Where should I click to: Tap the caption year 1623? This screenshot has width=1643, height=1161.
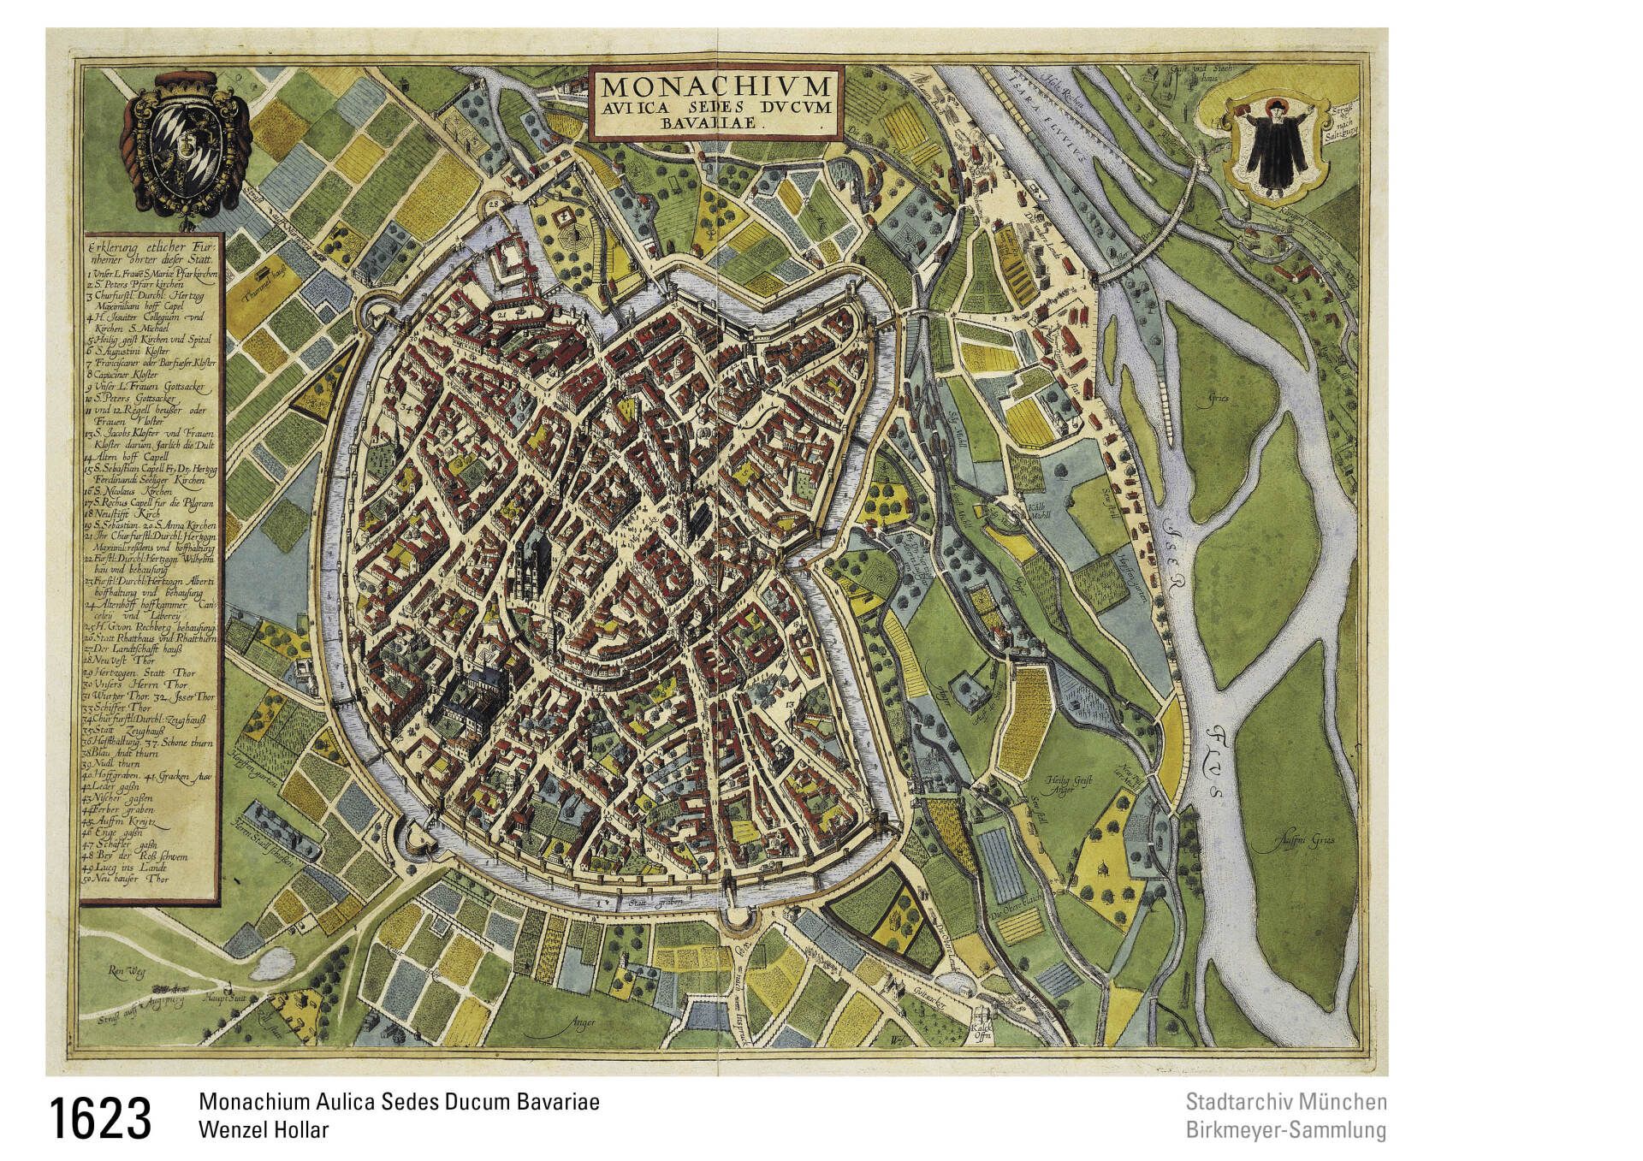(101, 1118)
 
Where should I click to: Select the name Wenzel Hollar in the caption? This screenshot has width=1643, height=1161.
(263, 1129)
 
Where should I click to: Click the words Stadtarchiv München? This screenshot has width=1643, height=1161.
(1285, 1102)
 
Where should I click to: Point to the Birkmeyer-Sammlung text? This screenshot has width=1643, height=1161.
(1285, 1130)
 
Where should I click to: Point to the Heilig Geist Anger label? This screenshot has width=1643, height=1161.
(1060, 785)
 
